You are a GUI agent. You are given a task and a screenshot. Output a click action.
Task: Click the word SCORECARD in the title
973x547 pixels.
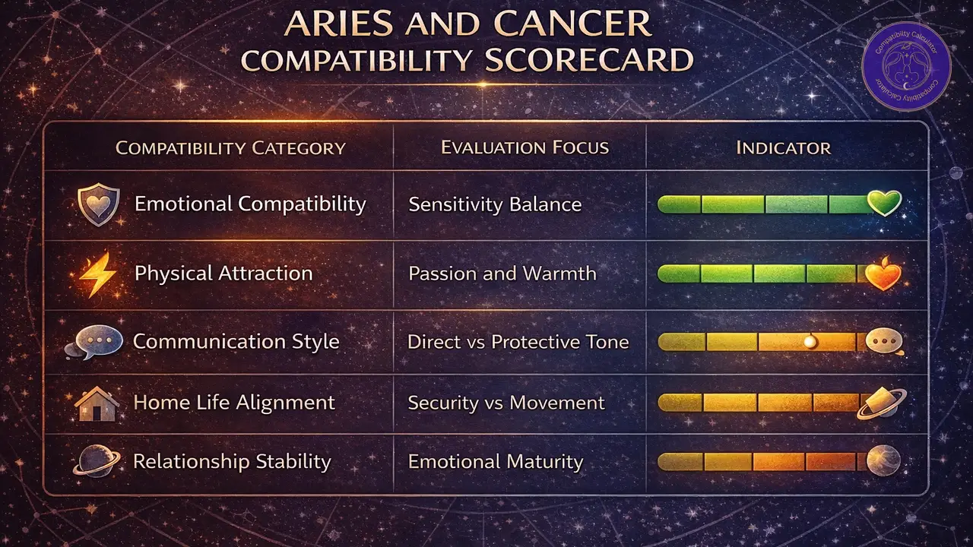tap(588, 60)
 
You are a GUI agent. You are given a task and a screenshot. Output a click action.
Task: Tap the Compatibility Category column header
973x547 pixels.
tap(230, 147)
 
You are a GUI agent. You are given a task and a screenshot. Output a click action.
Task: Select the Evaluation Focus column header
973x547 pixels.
tap(525, 147)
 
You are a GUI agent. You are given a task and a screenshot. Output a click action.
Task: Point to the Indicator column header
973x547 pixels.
tap(783, 147)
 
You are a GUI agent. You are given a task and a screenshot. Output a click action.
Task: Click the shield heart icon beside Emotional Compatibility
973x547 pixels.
tap(98, 206)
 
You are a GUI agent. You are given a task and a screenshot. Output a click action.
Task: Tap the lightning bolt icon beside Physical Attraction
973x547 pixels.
tap(98, 274)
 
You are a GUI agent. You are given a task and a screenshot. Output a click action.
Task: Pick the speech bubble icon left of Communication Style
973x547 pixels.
tap(97, 342)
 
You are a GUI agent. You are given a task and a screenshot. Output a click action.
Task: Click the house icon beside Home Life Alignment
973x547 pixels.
tap(97, 403)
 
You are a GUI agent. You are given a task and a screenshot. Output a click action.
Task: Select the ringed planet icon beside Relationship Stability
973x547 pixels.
tap(96, 461)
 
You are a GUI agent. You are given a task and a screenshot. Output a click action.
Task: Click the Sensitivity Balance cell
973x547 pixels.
tap(495, 204)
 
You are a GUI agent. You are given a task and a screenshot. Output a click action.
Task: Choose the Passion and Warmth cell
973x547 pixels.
tap(502, 273)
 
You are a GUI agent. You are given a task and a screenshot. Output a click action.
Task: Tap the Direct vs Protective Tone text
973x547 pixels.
tap(518, 342)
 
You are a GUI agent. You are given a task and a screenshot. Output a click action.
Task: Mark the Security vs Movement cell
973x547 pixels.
tap(506, 403)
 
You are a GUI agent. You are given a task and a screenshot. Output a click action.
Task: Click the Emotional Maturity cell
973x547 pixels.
tap(496, 461)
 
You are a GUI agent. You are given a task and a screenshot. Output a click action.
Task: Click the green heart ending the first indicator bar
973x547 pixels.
tap(884, 203)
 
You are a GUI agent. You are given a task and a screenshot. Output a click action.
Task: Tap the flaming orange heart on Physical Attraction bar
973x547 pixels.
tap(883, 274)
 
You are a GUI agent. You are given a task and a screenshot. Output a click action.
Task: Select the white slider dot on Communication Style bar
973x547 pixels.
tap(810, 341)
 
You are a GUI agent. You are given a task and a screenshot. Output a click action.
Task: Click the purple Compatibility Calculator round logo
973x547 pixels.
tap(906, 74)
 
